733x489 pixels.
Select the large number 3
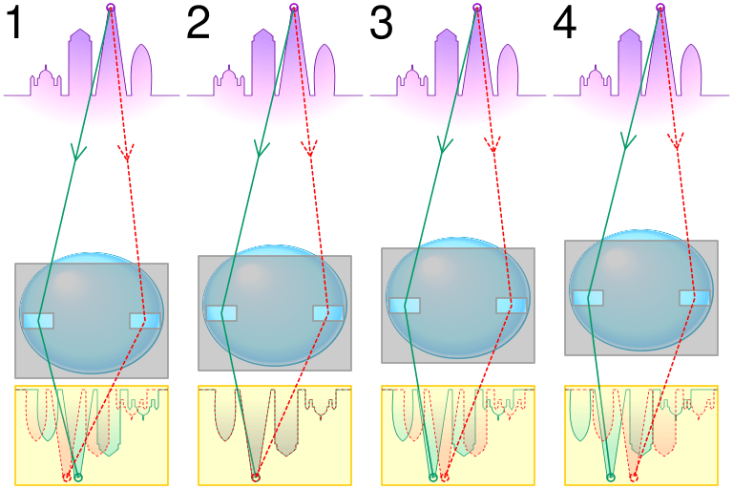381,24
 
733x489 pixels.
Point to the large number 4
564,24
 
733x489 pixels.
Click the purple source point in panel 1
111,9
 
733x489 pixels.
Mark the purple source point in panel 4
660,9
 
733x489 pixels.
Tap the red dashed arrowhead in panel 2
308,149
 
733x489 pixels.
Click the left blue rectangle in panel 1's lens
38,320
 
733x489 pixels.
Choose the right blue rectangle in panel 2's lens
327,313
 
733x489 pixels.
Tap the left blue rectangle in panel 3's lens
405,306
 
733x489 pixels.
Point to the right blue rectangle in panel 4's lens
694,298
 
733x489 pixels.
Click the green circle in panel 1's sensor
78,476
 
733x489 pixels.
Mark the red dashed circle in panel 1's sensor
67,476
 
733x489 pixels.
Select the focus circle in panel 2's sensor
255,476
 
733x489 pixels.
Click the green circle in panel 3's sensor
433,476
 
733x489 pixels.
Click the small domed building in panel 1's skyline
44,80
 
